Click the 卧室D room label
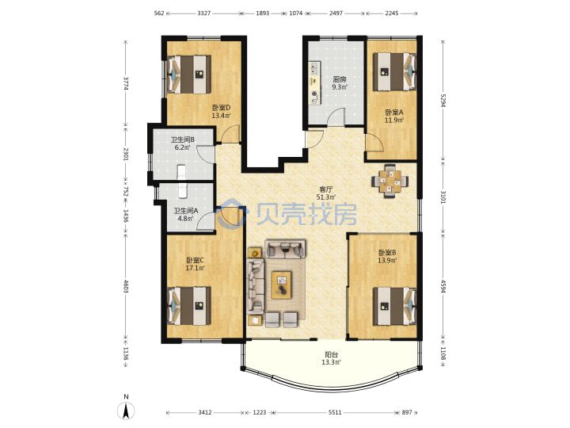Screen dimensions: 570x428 tap(222, 108)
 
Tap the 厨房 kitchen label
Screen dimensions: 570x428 tap(339, 79)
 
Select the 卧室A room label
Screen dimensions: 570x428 tap(394, 112)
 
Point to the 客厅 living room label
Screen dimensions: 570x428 tap(325, 189)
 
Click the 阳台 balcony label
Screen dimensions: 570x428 tap(331, 354)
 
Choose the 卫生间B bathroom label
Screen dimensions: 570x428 tap(183, 139)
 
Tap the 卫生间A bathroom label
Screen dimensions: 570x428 tap(186, 211)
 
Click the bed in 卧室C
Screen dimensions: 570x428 tap(188, 306)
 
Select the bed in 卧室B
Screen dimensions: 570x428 tap(395, 307)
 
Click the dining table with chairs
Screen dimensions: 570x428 tap(389, 181)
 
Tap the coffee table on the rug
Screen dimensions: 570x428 tap(281, 285)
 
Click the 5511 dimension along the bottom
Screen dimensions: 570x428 tap(335, 412)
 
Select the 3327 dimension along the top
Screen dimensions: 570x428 tap(203, 13)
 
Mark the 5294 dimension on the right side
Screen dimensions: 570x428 tap(443, 101)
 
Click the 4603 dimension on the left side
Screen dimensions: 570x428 tap(126, 286)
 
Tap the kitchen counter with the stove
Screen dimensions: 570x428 tap(315, 83)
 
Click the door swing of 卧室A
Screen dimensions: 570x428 tap(374, 143)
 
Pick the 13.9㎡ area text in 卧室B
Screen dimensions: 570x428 tap(387, 260)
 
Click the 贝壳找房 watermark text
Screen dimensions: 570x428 tap(306, 214)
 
